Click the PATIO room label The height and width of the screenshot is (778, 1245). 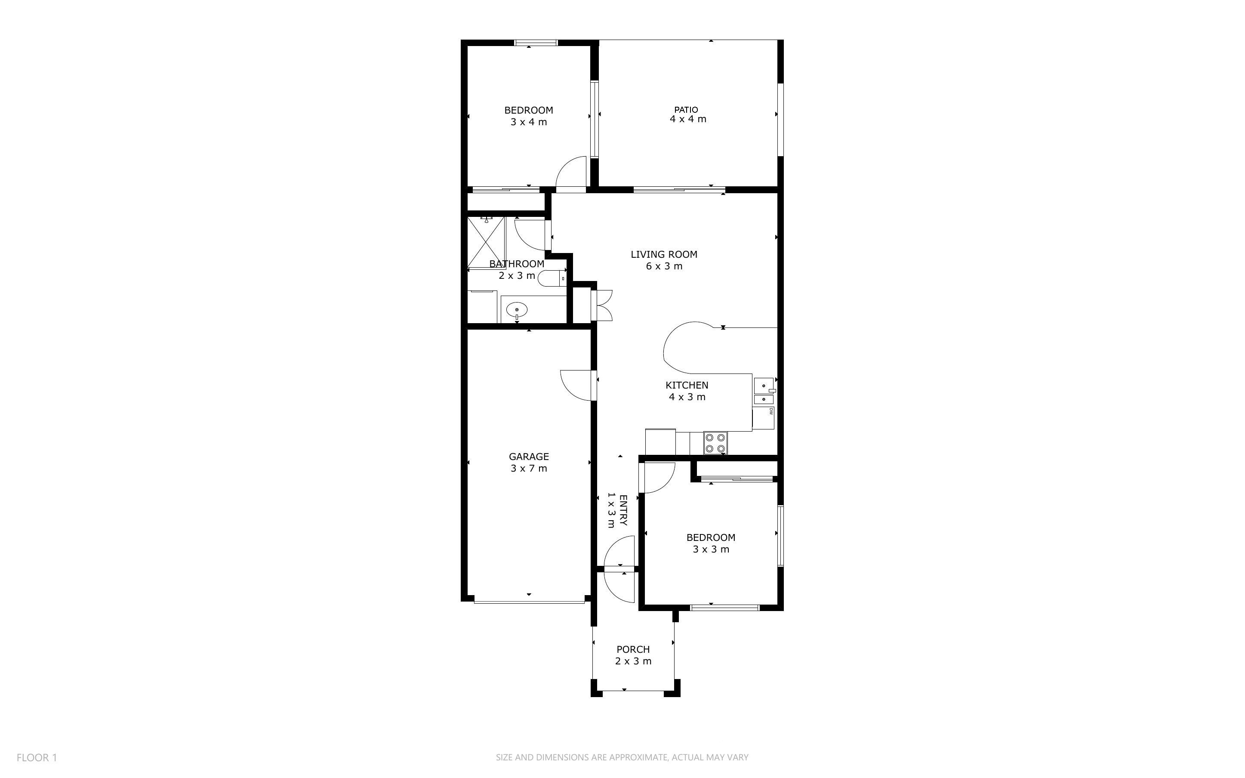(686, 110)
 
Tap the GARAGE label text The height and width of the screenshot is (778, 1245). (529, 457)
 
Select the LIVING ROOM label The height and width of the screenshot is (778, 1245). (664, 254)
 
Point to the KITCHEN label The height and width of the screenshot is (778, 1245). (687, 385)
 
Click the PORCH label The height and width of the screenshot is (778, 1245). (633, 649)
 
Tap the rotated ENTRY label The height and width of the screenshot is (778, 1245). (623, 510)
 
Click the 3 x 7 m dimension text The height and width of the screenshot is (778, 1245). (529, 468)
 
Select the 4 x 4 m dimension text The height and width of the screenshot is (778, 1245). (687, 119)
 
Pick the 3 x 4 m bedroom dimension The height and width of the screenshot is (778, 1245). (529, 122)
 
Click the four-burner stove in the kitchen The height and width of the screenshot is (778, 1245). (715, 443)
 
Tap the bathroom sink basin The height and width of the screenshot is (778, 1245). (517, 310)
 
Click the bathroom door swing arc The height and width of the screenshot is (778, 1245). (530, 235)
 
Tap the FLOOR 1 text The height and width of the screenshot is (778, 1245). (37, 757)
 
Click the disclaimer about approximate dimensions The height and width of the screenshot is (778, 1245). (622, 757)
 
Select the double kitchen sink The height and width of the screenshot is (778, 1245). (764, 391)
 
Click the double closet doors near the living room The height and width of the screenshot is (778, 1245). (602, 306)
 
